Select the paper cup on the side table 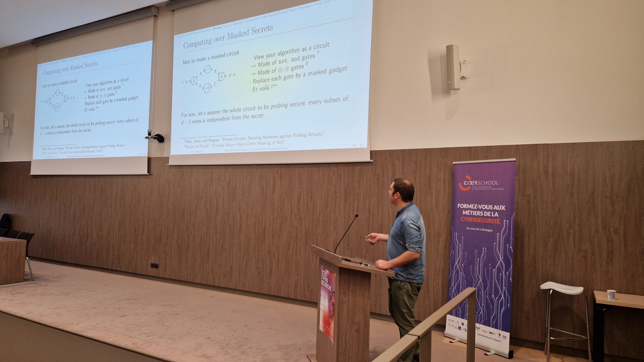tap(611, 294)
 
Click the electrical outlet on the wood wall tap(154, 265)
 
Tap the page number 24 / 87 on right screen tap(358, 145)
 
